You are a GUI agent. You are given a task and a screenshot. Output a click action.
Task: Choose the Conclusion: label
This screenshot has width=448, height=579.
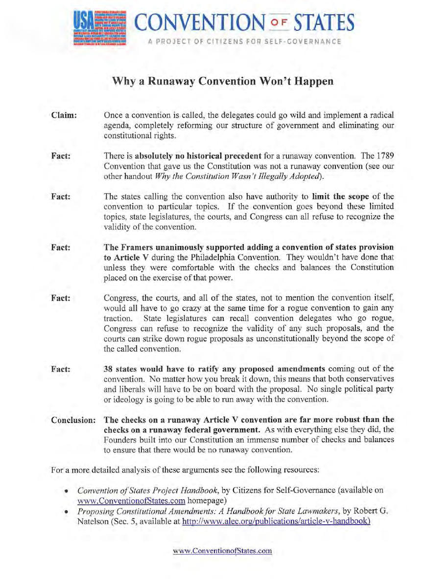[x=73, y=420]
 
